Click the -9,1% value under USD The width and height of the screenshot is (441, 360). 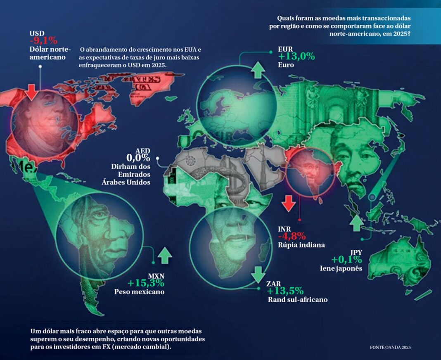[43, 40]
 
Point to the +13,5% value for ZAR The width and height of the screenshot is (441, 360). [285, 291]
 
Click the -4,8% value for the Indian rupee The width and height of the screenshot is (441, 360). [292, 236]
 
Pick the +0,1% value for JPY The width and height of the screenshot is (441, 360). [346, 260]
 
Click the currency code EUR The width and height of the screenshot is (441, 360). [285, 48]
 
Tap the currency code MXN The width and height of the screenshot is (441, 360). [156, 276]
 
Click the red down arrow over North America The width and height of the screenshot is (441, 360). [31, 91]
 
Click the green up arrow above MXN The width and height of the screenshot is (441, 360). [164, 256]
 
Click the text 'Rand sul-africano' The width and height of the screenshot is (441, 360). [298, 299]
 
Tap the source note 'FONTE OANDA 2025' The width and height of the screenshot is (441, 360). [390, 347]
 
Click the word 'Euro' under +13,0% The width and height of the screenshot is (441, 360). [286, 65]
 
